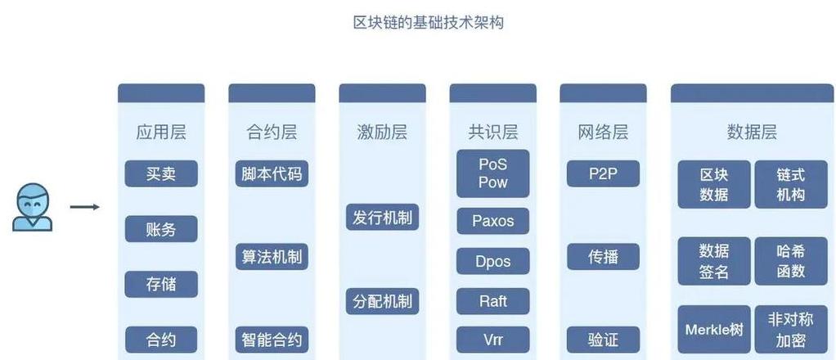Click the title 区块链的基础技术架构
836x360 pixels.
click(x=429, y=23)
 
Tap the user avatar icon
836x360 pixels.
click(x=32, y=207)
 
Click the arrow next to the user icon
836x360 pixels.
click(x=85, y=207)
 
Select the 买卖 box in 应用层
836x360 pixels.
click(x=161, y=174)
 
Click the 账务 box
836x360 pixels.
click(x=161, y=229)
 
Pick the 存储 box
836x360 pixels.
click(x=161, y=284)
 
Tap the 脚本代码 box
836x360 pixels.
click(x=272, y=174)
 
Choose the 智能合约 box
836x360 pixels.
click(x=272, y=340)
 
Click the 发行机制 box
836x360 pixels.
click(x=382, y=218)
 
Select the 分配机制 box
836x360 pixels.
click(x=382, y=301)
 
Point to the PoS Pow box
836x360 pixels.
click(x=493, y=174)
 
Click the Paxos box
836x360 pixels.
click(x=493, y=221)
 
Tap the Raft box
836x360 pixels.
click(x=493, y=301)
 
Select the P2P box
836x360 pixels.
click(x=603, y=174)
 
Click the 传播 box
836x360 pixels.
click(x=603, y=257)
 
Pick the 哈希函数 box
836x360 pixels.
click(x=791, y=261)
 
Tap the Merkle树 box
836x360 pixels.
click(x=714, y=330)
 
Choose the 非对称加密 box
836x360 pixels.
click(x=791, y=330)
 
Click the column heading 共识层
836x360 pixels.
click(x=493, y=133)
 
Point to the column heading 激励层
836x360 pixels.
click(x=382, y=133)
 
